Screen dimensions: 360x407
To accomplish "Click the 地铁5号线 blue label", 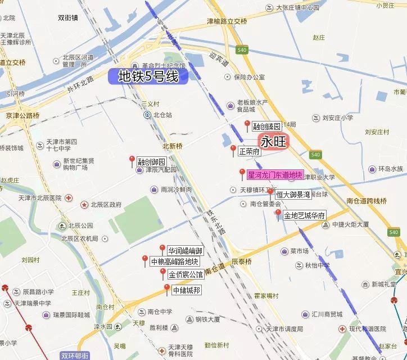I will (148, 76).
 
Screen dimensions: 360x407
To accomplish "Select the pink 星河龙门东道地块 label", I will (275, 175).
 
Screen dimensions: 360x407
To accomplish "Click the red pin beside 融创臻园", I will (247, 125).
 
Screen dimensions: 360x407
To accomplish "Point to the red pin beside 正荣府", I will (233, 150).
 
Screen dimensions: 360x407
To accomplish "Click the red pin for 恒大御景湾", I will (270, 193).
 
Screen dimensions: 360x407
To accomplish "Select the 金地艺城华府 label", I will (304, 215).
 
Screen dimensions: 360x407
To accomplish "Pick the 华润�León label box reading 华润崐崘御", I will (185, 250).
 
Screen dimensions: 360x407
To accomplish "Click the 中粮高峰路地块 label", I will (175, 262).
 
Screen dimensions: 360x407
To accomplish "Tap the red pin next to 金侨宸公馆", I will (163, 273).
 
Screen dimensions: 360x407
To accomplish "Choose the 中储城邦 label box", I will (186, 290).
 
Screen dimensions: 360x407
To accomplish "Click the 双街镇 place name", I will (67, 17).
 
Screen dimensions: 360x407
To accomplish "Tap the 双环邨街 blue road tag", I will (75, 355).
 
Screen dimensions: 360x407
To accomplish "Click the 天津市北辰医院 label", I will (41, 198).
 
